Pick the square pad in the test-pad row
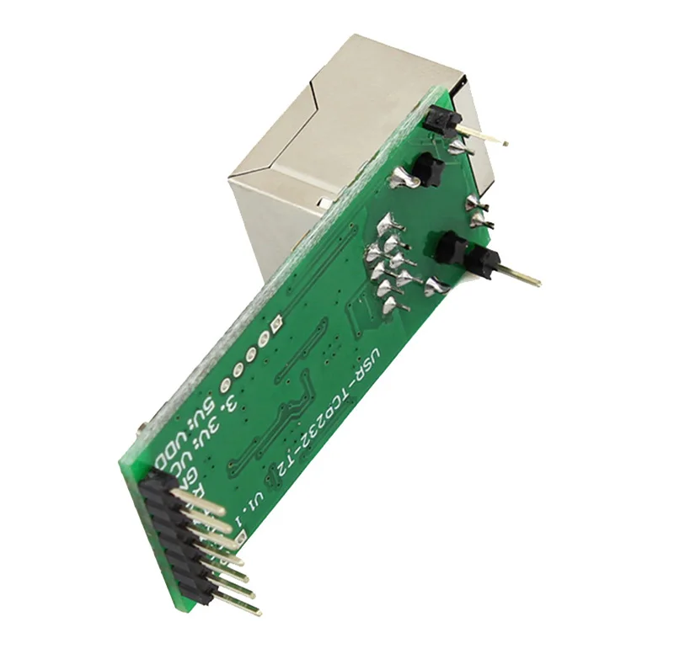[x=274, y=322]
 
